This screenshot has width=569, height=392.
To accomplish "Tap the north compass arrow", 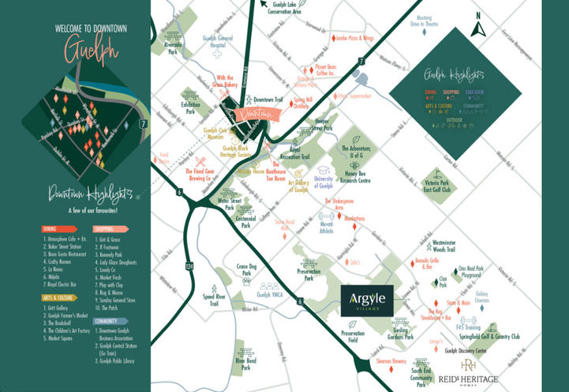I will [x=477, y=28].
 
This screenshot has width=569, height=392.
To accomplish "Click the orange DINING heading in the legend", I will [x=53, y=229].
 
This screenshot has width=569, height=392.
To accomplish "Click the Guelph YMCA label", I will [x=270, y=295].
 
